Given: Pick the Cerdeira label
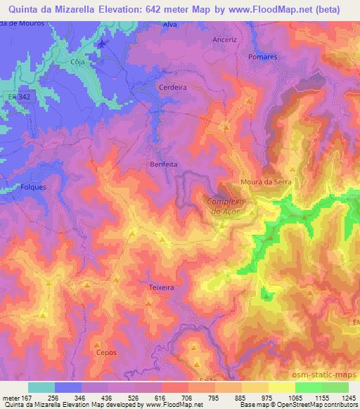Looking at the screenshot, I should pyautogui.click(x=173, y=88).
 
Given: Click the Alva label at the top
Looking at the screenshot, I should pyautogui.click(x=170, y=25).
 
